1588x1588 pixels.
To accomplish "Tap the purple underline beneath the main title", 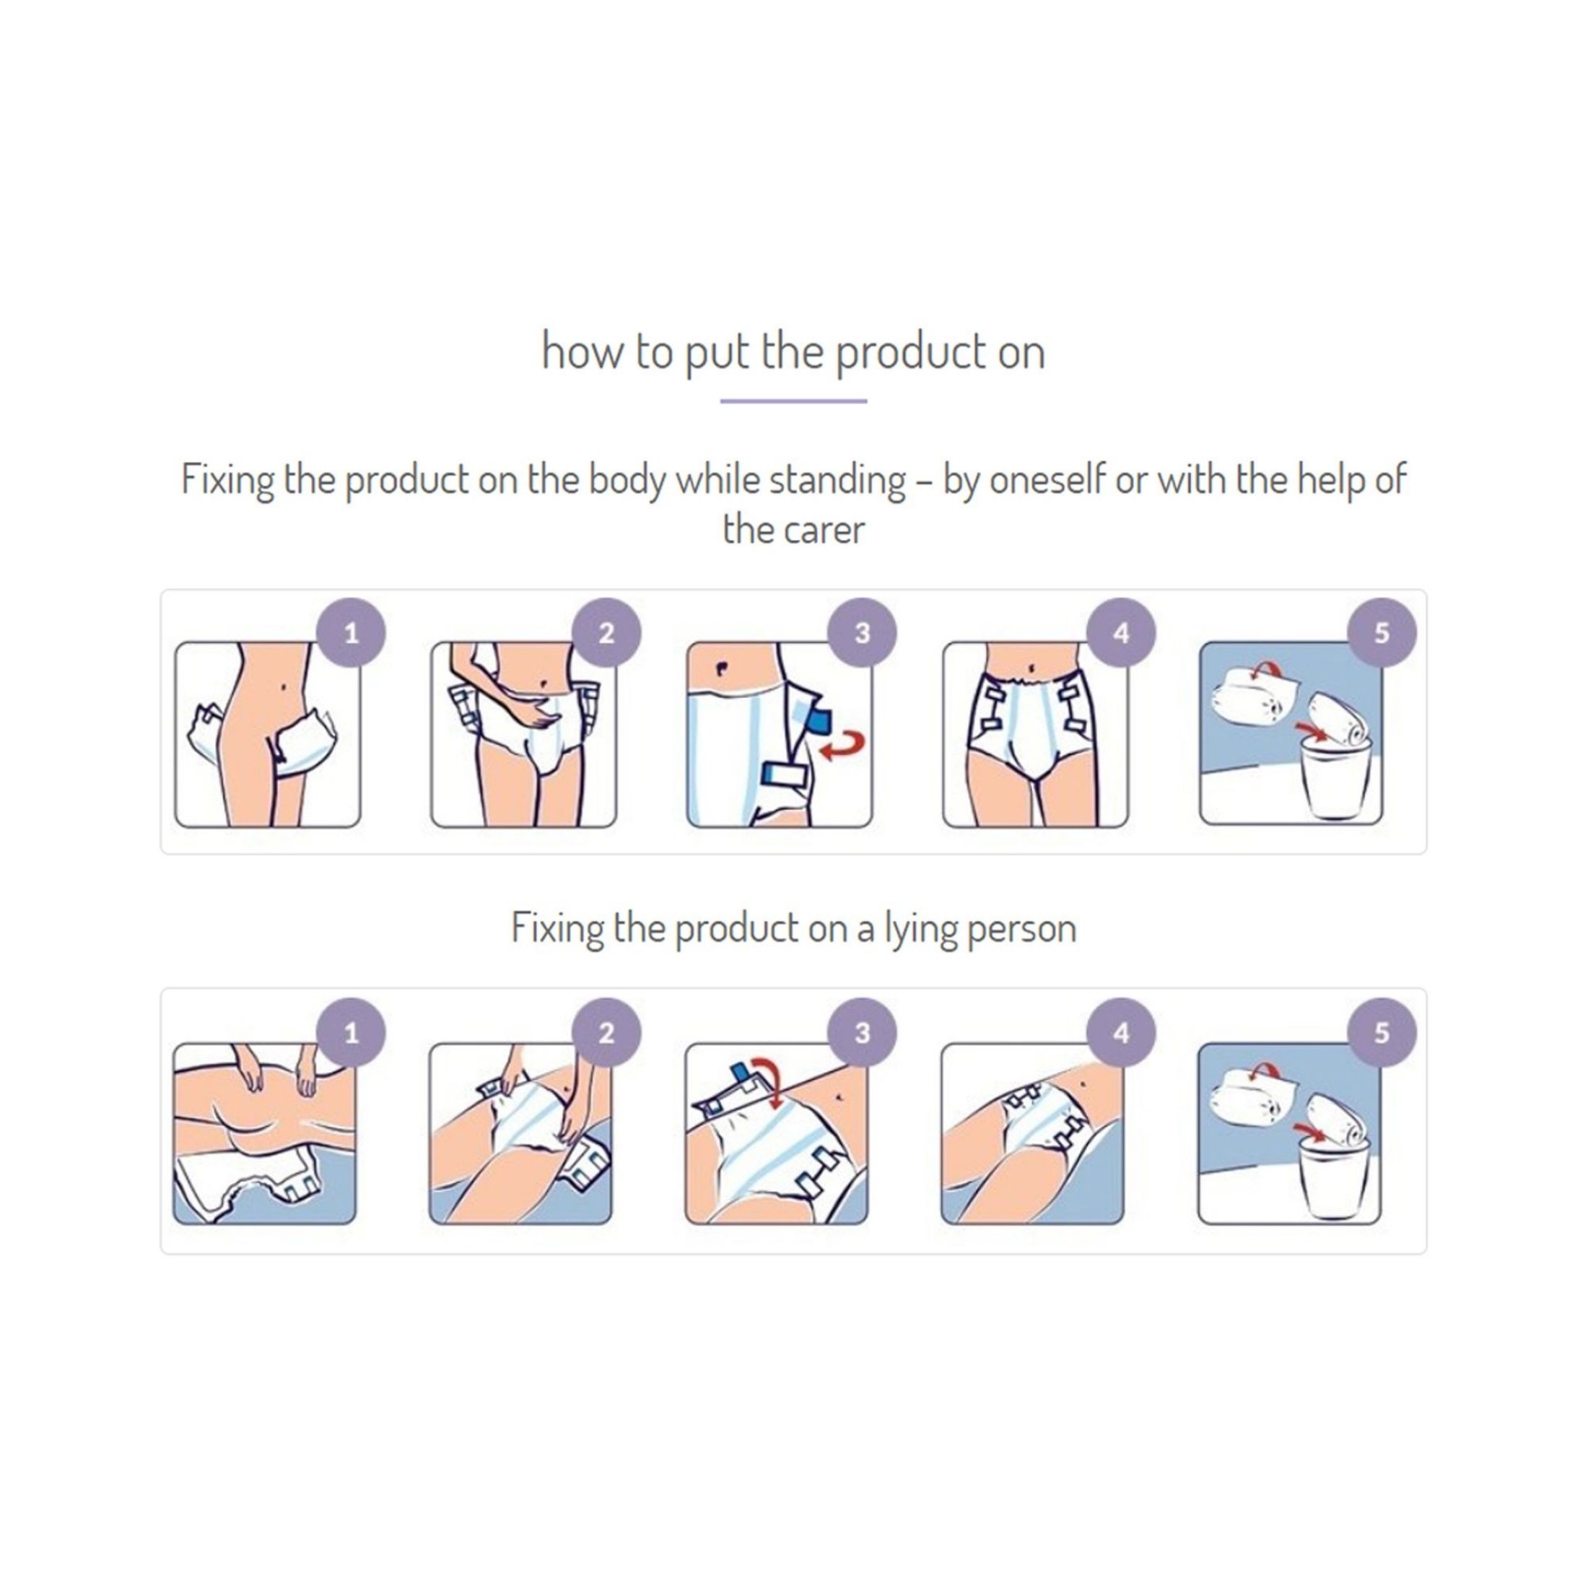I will pyautogui.click(x=793, y=401).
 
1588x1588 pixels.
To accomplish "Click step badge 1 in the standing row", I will pyautogui.click(x=351, y=633).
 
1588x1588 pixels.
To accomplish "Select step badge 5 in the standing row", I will pyautogui.click(x=1382, y=633).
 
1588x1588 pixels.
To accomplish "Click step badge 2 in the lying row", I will pyautogui.click(x=606, y=1033).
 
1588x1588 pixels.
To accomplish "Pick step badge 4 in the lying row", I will pyautogui.click(x=1120, y=1033).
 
